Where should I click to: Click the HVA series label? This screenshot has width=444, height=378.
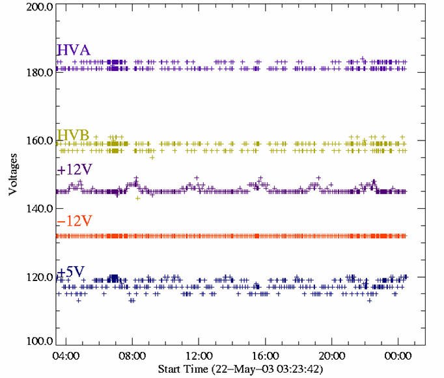point(73,51)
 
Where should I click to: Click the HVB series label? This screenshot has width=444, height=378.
point(73,135)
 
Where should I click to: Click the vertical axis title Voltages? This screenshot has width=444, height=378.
point(13,174)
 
